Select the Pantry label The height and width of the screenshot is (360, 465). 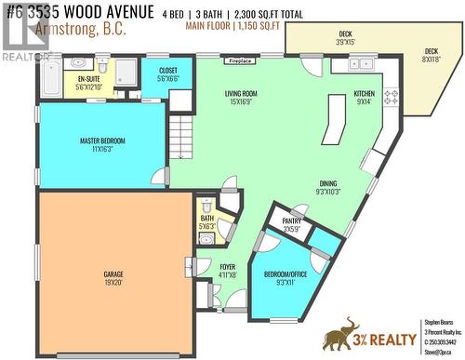(x=291, y=221)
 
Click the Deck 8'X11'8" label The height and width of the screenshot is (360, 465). (x=431, y=52)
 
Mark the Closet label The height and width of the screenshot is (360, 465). (x=168, y=71)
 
